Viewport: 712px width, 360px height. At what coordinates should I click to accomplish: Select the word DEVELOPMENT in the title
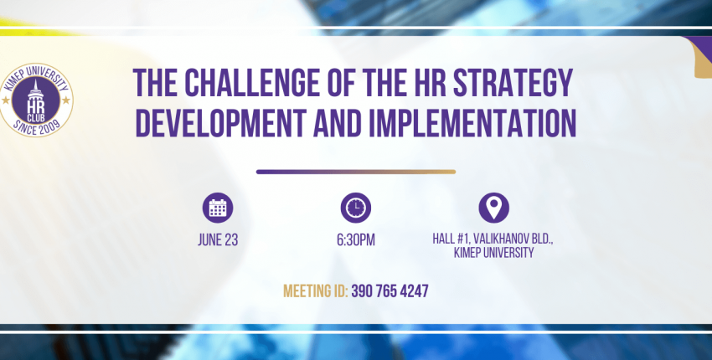[220, 122]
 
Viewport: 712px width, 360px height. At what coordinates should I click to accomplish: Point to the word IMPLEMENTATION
[472, 122]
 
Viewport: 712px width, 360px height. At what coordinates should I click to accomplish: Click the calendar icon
[218, 208]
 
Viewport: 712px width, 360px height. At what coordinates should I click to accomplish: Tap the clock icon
[355, 208]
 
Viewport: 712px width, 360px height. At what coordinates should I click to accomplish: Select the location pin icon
[493, 208]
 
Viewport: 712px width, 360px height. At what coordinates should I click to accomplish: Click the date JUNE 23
[218, 240]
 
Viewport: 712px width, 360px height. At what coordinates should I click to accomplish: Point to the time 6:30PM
[355, 240]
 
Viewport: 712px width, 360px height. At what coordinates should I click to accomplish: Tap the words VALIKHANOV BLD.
[513, 239]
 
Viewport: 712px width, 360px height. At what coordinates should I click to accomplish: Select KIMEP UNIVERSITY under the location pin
[493, 252]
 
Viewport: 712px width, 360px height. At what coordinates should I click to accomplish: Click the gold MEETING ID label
[316, 291]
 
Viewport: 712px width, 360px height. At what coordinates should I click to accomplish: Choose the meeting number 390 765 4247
[390, 291]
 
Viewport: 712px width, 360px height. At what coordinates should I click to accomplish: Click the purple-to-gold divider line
[355, 172]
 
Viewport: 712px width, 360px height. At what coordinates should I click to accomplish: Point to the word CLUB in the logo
[35, 119]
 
